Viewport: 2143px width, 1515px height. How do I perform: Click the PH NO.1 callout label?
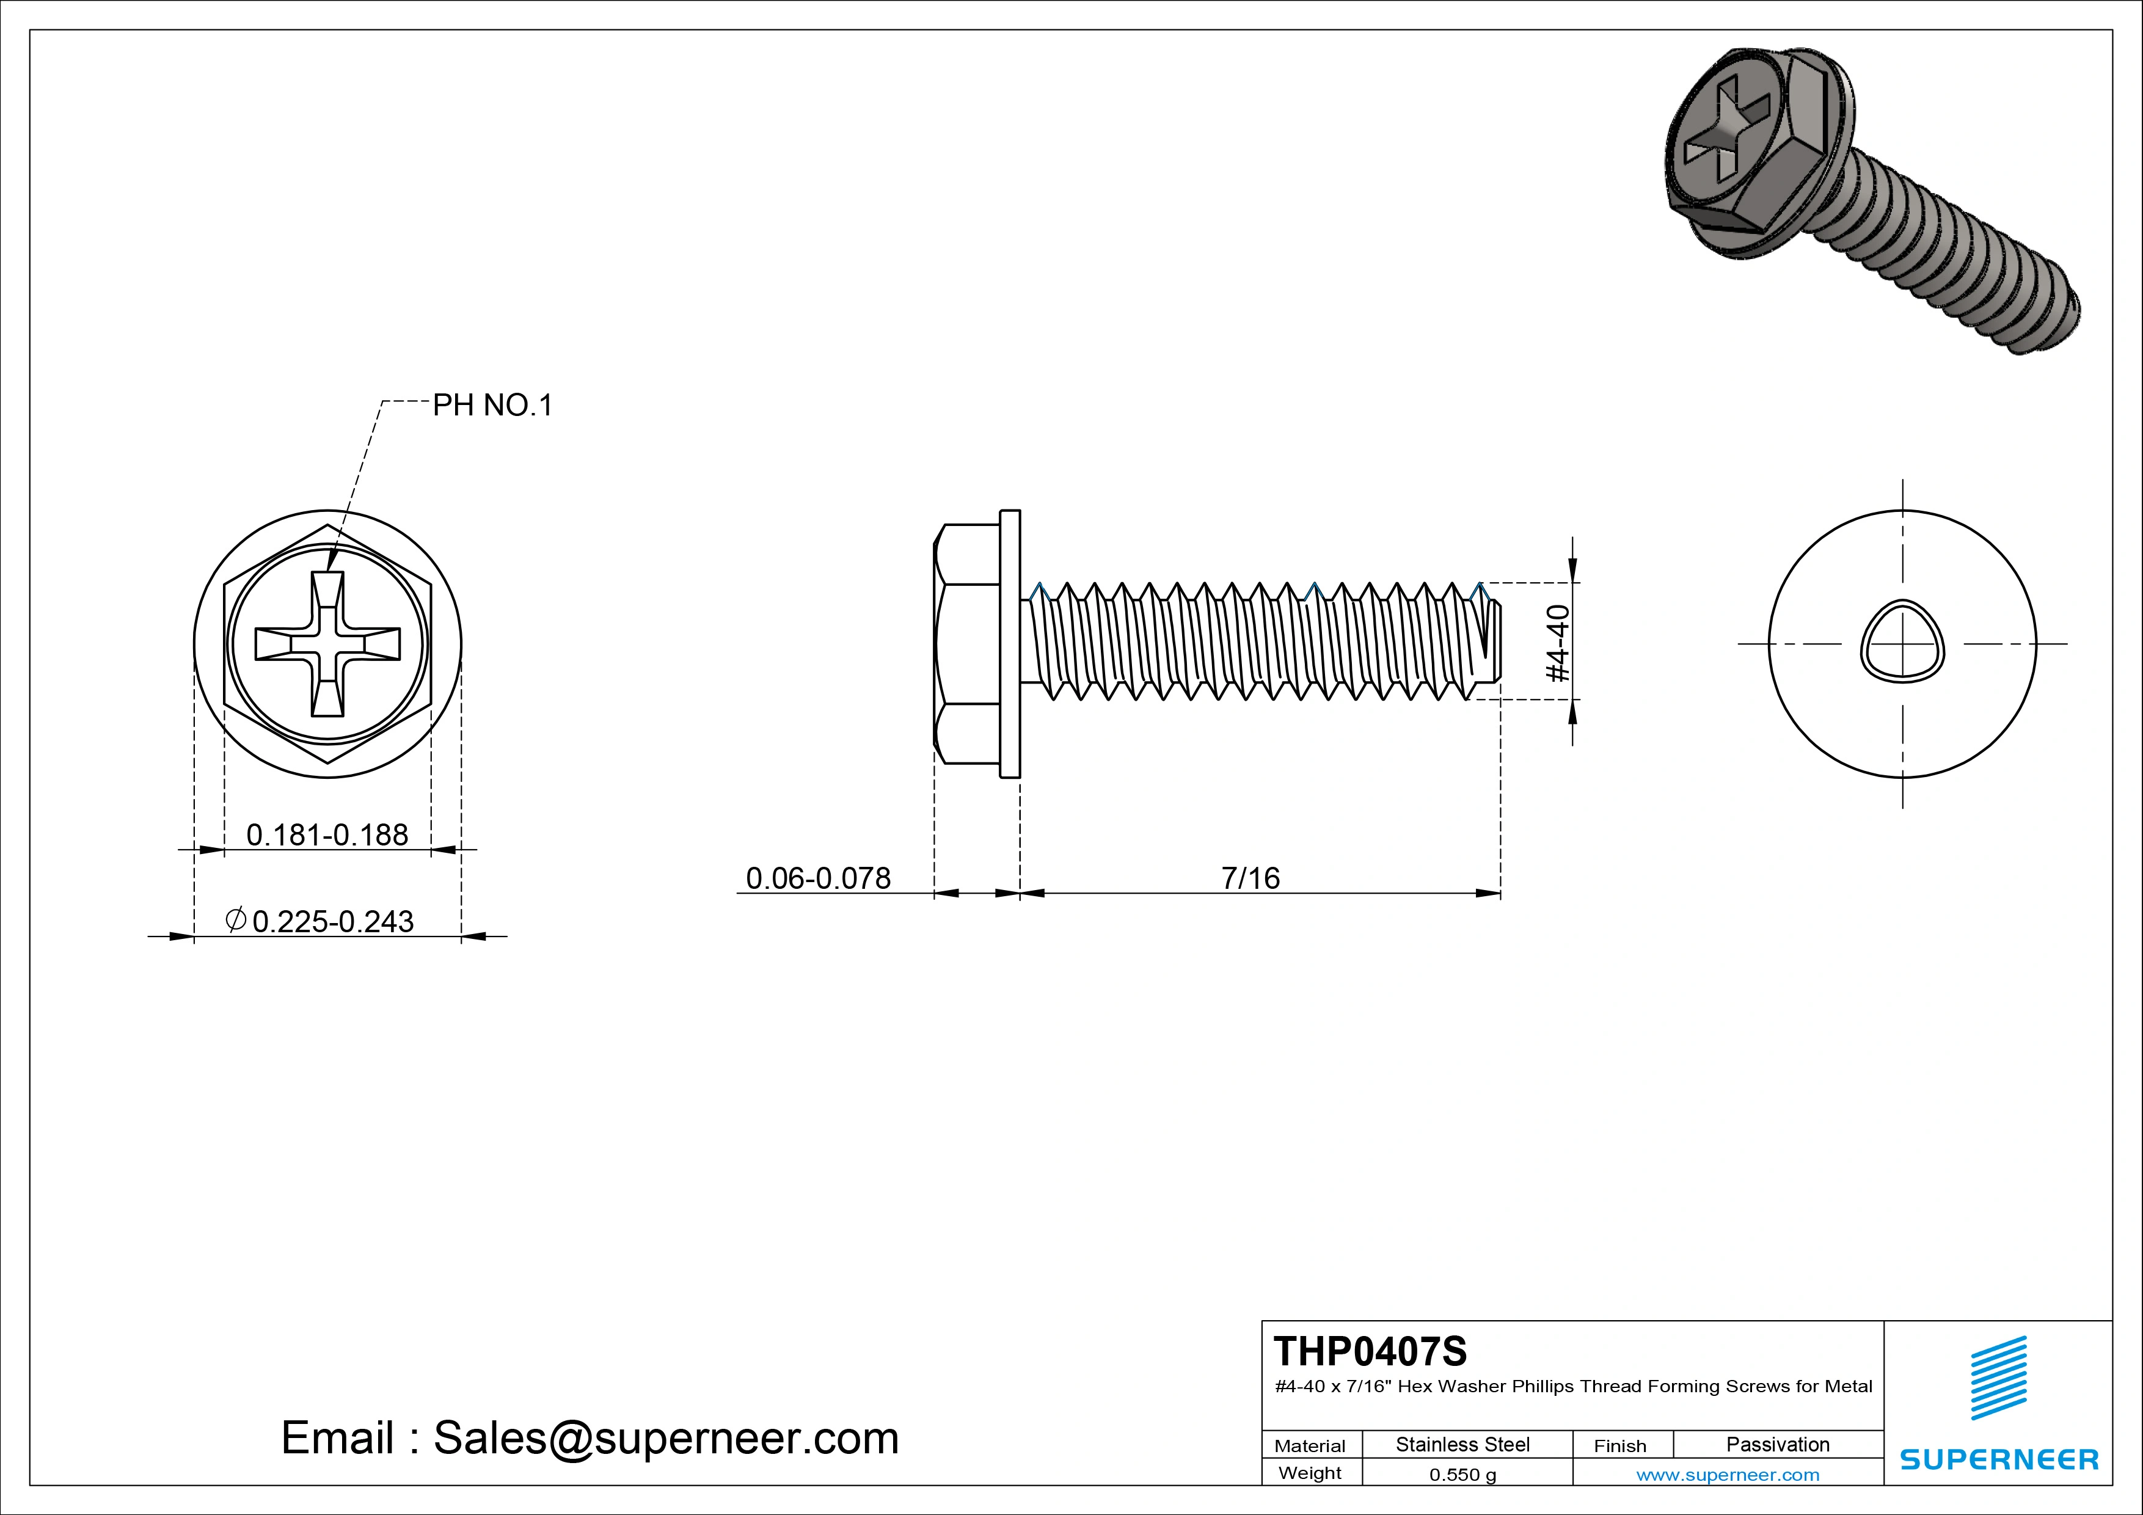(x=492, y=405)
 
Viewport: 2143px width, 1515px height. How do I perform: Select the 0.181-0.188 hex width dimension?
(x=327, y=834)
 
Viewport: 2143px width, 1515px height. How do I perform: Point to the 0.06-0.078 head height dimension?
(x=817, y=878)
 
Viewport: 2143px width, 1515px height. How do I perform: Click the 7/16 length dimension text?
(x=1250, y=878)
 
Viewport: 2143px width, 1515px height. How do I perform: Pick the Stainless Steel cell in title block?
(x=1462, y=1444)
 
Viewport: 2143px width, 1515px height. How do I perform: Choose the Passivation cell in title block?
(x=1777, y=1444)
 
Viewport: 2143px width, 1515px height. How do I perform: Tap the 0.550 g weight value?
(x=1462, y=1475)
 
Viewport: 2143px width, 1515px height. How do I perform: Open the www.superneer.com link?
(x=1728, y=1475)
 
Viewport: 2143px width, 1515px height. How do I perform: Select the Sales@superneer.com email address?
(x=665, y=1439)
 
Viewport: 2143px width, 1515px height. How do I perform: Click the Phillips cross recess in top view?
(x=327, y=644)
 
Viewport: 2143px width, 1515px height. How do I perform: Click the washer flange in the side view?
(x=1010, y=644)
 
